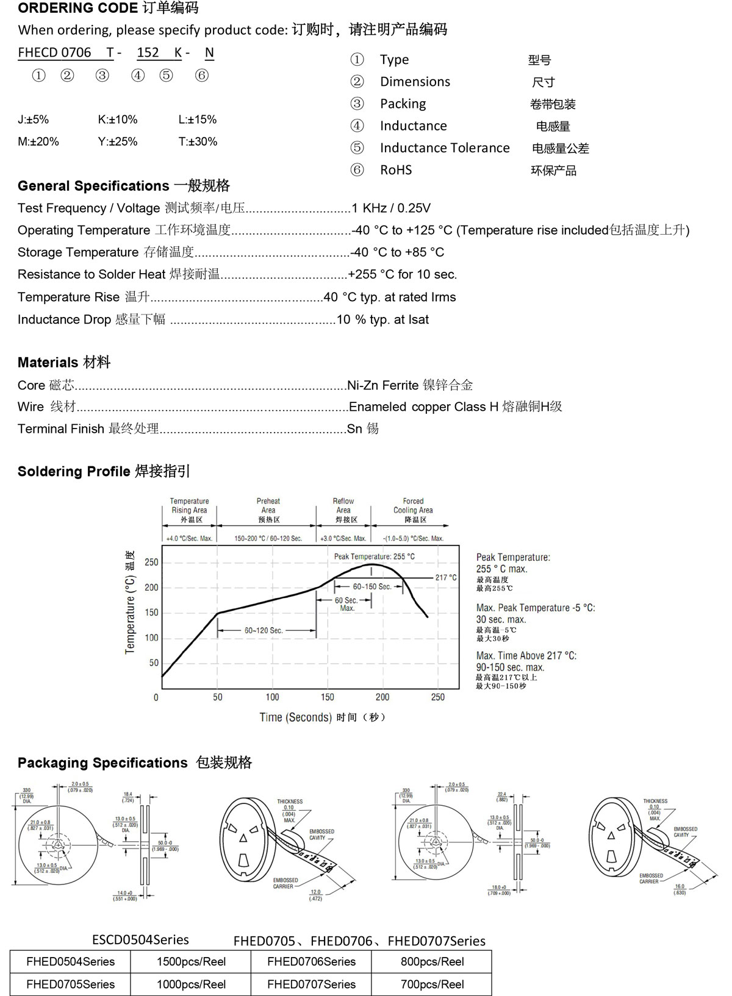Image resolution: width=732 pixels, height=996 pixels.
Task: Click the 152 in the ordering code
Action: point(148,53)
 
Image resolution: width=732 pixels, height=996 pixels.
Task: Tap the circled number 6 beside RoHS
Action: point(357,170)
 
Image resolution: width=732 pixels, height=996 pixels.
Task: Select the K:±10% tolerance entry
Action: point(118,119)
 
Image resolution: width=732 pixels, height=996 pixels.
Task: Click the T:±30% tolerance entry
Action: point(198,141)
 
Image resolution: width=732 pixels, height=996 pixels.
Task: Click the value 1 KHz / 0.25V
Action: point(391,208)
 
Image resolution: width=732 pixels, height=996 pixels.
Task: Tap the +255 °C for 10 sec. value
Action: point(402,275)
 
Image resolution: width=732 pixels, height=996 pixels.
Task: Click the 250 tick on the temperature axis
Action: point(151,563)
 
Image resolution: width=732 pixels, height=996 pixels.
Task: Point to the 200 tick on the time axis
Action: point(382,697)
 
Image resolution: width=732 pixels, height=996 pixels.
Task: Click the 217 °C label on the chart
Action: point(446,578)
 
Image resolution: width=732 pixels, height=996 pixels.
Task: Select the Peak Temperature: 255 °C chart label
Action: point(374,557)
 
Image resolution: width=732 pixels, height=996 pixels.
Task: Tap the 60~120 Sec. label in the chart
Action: point(264,630)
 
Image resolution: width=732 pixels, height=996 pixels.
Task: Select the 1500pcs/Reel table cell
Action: point(191,962)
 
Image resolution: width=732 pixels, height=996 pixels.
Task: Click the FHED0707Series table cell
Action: point(311,984)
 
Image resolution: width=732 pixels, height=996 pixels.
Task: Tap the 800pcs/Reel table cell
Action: point(432,962)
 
